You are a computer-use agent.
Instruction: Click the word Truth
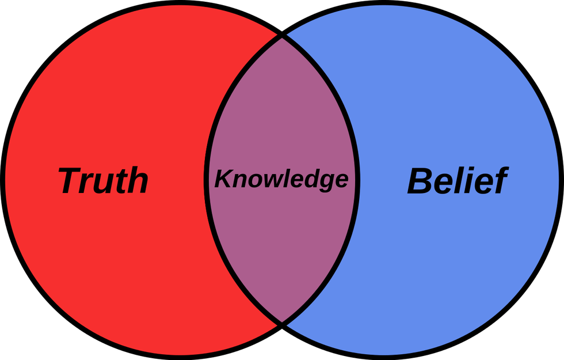[x=103, y=180]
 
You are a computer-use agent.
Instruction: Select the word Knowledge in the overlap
[x=281, y=180]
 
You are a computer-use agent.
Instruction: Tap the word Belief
[x=458, y=180]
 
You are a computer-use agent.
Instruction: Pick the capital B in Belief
[x=420, y=181]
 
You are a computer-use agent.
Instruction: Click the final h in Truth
[x=137, y=180]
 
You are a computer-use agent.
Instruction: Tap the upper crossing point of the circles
[x=282, y=36]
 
